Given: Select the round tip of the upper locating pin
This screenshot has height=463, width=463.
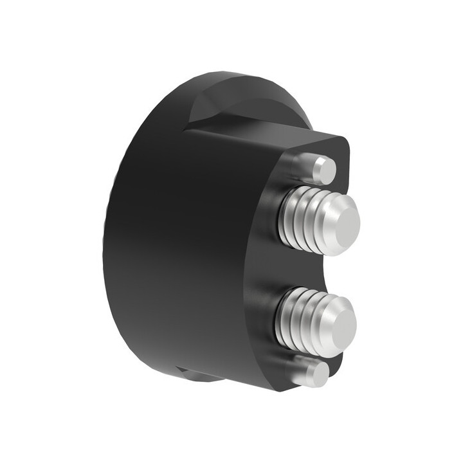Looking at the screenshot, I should [327, 170].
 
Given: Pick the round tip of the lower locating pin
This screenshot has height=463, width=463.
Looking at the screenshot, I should [318, 374].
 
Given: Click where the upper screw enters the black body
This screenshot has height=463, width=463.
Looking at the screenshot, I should [281, 219].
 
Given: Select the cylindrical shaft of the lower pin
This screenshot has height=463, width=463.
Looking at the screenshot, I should [301, 371].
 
